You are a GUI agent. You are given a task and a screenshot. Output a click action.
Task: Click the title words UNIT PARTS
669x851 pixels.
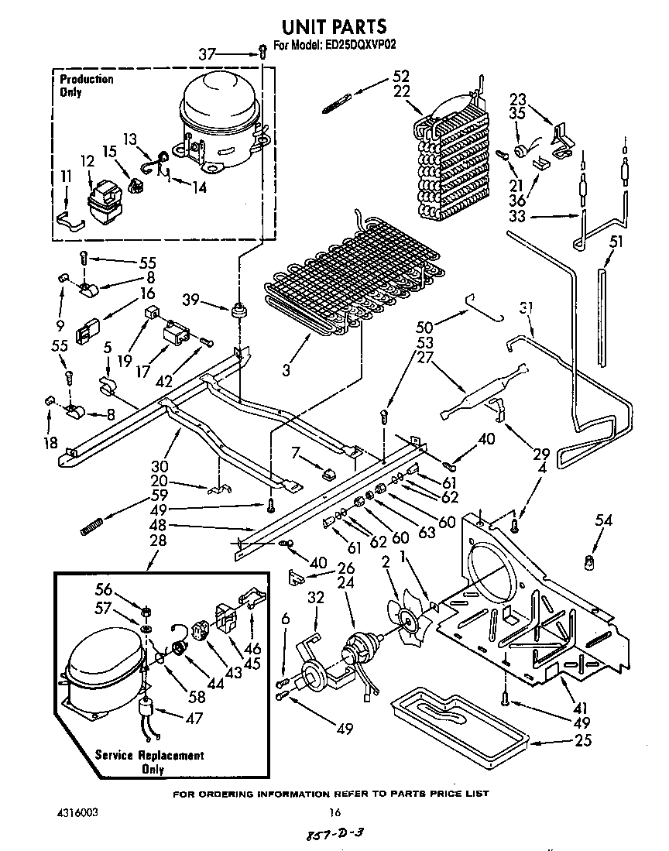point(334,28)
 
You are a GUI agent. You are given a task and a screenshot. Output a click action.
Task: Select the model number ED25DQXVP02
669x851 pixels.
point(358,45)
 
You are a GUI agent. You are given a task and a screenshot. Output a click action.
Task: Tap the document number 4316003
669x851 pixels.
point(78,813)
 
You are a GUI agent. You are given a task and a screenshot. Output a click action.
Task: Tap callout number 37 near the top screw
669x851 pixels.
point(207,54)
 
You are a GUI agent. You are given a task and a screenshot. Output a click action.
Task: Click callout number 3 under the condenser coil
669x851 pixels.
point(286,371)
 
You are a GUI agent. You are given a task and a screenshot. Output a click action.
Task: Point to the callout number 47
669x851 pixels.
point(194,718)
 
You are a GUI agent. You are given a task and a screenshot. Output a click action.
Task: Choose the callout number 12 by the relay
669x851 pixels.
point(87,161)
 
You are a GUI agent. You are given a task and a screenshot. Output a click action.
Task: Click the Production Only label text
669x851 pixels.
point(86,85)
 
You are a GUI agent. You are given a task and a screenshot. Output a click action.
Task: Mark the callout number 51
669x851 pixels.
point(616,241)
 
